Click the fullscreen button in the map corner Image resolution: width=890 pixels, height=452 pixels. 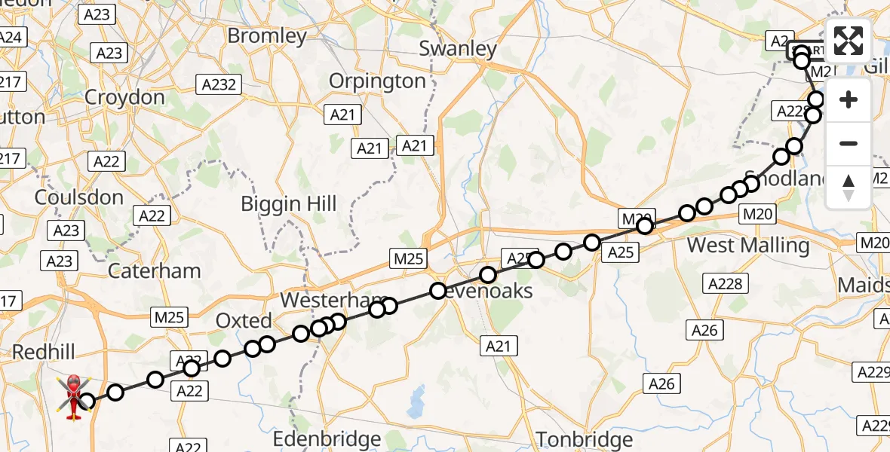point(849,41)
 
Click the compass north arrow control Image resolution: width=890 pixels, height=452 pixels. point(849,188)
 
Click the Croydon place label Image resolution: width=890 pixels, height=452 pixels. point(124,97)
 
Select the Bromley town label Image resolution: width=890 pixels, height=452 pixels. point(267,36)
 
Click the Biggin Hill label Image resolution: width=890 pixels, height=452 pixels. point(289,203)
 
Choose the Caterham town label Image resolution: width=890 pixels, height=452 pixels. point(155,271)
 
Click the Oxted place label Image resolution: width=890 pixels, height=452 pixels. point(244,321)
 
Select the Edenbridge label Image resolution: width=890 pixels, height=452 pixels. point(327,438)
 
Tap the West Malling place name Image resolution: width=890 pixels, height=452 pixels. point(748,246)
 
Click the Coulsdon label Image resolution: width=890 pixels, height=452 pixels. point(79,197)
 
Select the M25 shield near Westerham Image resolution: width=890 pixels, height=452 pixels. point(409,258)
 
